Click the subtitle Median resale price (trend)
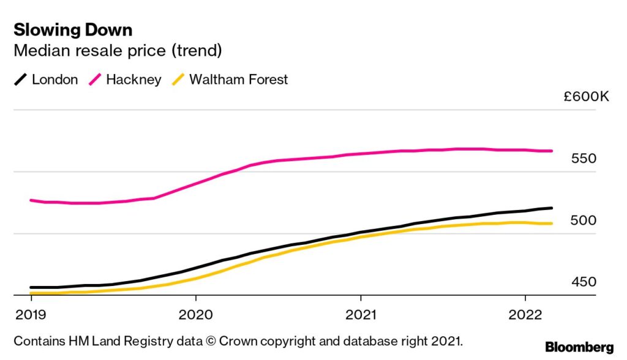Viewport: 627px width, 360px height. (118, 50)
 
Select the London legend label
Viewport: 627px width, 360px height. (54, 80)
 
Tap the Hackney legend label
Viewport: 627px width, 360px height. (133, 80)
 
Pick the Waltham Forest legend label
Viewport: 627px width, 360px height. (238, 80)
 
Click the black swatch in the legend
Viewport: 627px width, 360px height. (21, 80)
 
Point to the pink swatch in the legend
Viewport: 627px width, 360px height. (96, 80)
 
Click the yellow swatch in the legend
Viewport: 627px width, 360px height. (179, 80)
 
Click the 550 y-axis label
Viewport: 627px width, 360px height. (583, 159)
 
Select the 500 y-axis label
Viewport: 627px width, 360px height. (583, 220)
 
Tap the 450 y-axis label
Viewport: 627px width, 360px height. (583, 282)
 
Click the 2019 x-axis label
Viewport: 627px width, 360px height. (31, 314)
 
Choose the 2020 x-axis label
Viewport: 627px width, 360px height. (195, 314)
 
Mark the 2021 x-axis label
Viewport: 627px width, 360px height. (361, 314)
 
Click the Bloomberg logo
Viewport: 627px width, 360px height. (579, 347)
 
